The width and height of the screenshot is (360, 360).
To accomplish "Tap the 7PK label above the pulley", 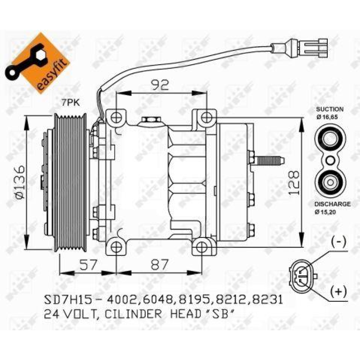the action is tap(70, 103).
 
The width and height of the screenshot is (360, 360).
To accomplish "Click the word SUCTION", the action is tap(330, 109).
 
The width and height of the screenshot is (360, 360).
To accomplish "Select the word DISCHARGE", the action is tap(332, 204).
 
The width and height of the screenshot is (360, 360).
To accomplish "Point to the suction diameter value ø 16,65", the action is tap(327, 117).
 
